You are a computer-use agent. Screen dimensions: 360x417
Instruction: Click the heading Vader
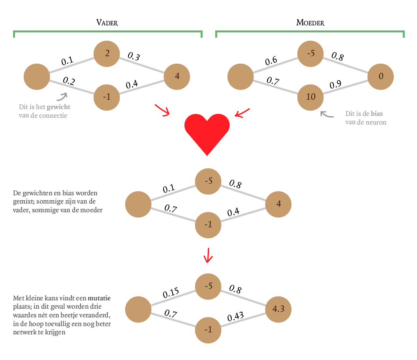107,23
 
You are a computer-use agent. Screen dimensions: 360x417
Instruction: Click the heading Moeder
310,23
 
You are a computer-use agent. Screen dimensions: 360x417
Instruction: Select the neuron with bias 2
107,53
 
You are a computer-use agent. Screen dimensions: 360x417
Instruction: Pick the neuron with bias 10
310,96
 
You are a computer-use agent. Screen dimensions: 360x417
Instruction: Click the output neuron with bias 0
381,76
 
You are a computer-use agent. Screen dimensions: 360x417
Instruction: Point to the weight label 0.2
69,81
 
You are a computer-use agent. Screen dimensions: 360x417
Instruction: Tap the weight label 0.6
271,61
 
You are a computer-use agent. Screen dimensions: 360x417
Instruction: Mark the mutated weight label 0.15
171,293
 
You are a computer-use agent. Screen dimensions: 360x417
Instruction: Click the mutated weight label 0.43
235,317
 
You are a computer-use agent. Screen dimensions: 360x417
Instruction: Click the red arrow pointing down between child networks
208,256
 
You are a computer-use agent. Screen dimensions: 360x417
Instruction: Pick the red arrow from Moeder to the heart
242,112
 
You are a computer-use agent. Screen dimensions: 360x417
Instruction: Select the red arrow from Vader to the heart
162,110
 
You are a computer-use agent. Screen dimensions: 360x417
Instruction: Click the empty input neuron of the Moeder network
240,76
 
